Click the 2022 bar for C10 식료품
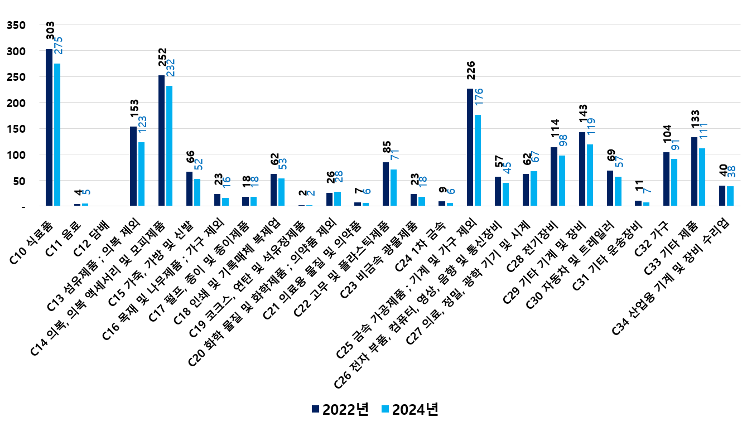[49, 128]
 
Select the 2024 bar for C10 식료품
[57, 135]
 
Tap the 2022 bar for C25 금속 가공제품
[470, 147]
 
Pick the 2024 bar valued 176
[478, 161]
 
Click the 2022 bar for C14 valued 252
[161, 140]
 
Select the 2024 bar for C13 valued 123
[141, 174]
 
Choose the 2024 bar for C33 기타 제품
[702, 177]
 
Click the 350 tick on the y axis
[17, 26]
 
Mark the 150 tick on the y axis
[17, 129]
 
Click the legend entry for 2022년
[340, 409]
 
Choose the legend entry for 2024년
[409, 409]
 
